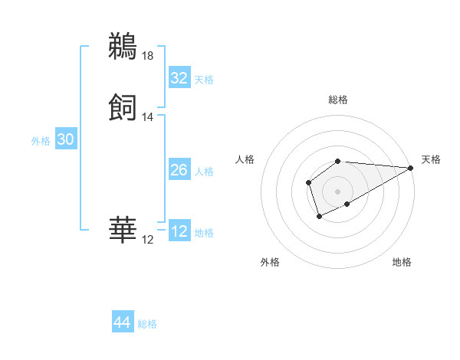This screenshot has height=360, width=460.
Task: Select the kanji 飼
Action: point(123,106)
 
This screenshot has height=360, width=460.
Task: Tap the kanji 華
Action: point(123,229)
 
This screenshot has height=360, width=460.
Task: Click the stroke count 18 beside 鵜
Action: point(148,55)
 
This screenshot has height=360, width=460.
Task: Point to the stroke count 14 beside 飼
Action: point(148,117)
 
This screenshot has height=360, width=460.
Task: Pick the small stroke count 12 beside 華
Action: point(148,240)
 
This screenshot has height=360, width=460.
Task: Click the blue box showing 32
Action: point(179,78)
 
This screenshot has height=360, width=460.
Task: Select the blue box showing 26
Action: point(179,170)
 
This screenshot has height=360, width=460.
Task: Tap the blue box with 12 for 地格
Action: point(179,231)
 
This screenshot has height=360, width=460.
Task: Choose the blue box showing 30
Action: point(66,139)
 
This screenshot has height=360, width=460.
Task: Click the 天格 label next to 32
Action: point(204,80)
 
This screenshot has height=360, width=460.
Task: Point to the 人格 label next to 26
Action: point(204,172)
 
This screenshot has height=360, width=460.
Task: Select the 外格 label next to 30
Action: point(41,141)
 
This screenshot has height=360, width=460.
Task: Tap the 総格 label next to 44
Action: point(147,324)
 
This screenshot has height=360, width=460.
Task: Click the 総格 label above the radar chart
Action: point(338,100)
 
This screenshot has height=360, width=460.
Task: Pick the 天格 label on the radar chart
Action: point(431,159)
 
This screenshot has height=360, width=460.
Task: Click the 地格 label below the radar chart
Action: point(402,262)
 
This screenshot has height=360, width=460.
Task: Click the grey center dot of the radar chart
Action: point(338,191)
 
